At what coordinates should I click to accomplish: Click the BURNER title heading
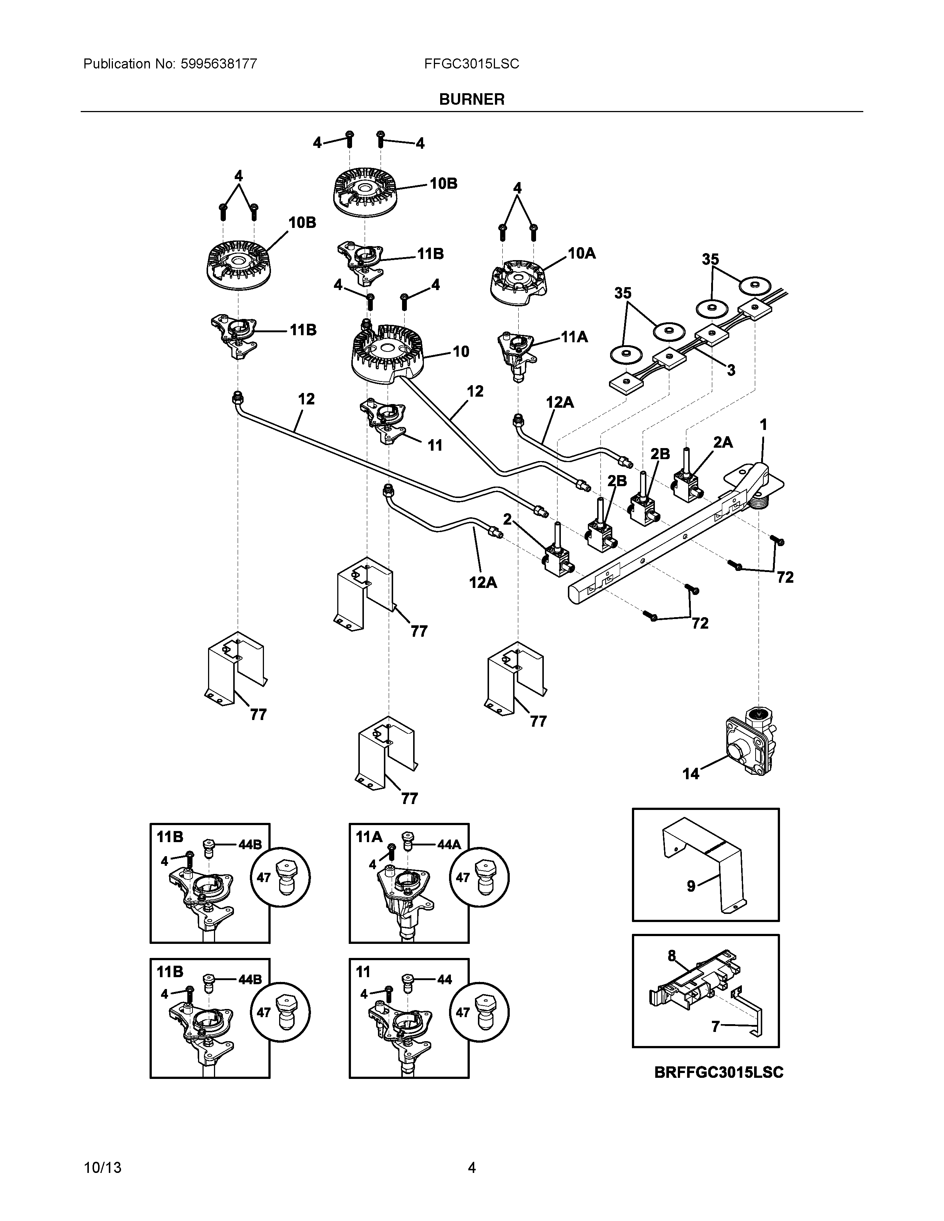pyautogui.click(x=471, y=100)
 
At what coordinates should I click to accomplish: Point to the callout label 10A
pyautogui.click(x=582, y=254)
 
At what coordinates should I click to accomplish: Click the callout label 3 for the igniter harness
pyautogui.click(x=731, y=370)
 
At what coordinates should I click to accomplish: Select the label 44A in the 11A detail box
pyautogui.click(x=449, y=845)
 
